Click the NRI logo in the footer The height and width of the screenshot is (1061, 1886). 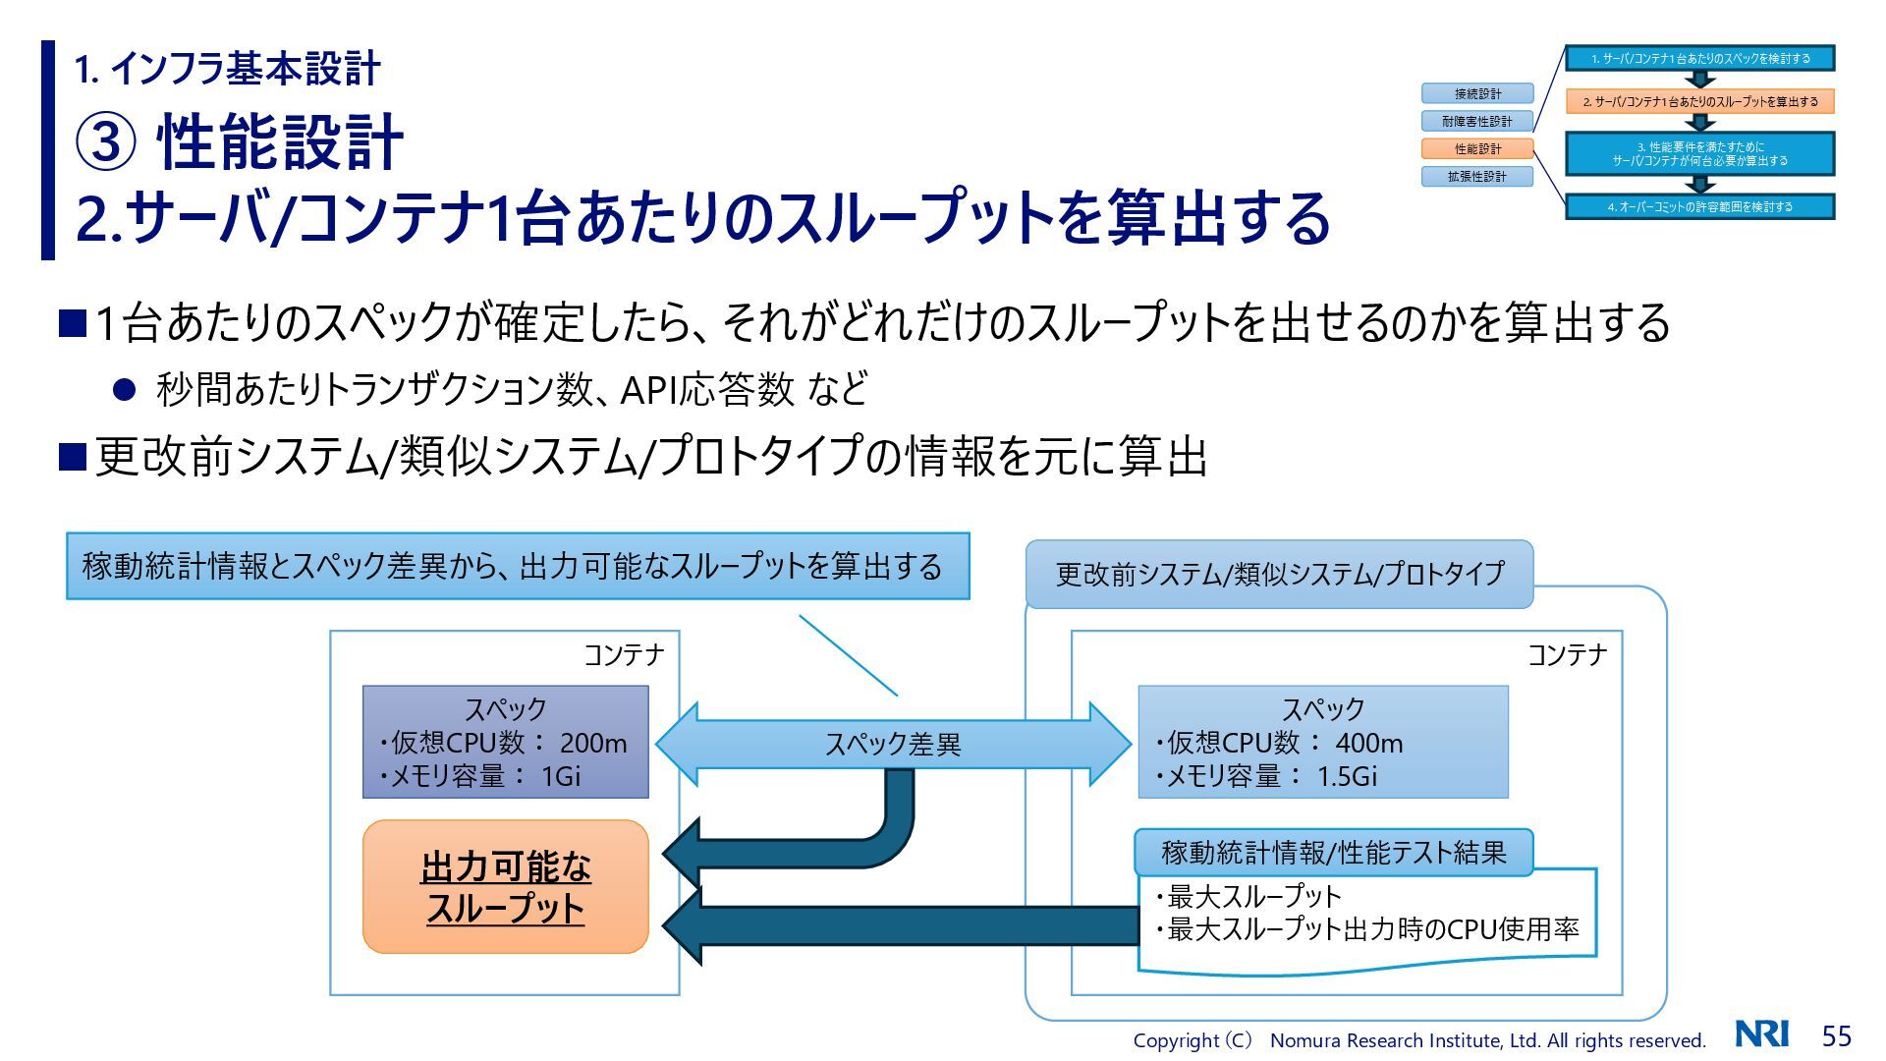pyautogui.click(x=1761, y=1034)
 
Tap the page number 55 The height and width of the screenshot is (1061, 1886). pyautogui.click(x=1836, y=1035)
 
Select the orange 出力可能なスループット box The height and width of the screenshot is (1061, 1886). pyautogui.click(x=505, y=887)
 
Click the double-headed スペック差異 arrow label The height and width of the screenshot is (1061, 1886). pyautogui.click(x=892, y=745)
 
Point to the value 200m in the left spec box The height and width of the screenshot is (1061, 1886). pyautogui.click(x=592, y=744)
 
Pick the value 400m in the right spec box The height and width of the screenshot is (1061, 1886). pyautogui.click(x=1368, y=744)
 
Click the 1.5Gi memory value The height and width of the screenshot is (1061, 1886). pyautogui.click(x=1346, y=777)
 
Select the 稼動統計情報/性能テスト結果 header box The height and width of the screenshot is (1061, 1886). pyautogui.click(x=1333, y=852)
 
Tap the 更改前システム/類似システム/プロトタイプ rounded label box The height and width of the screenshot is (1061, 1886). pyautogui.click(x=1279, y=574)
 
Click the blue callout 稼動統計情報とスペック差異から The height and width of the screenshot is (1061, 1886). pyautogui.click(x=517, y=567)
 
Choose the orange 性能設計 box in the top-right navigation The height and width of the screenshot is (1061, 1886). pyautogui.click(x=1477, y=149)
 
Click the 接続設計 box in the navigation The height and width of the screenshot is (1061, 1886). pyautogui.click(x=1477, y=94)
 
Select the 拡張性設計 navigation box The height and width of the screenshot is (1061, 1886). pyautogui.click(x=1477, y=177)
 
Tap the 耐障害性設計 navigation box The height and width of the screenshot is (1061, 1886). pyautogui.click(x=1477, y=122)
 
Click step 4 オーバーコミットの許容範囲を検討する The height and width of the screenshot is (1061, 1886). pyautogui.click(x=1699, y=207)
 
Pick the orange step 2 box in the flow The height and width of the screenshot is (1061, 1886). pyautogui.click(x=1699, y=101)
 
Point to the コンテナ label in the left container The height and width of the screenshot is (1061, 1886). pyautogui.click(x=624, y=655)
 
